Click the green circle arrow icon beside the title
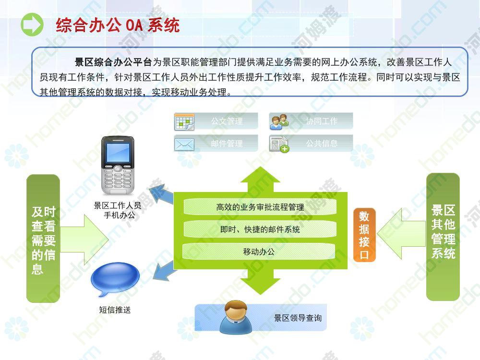pos(32,24)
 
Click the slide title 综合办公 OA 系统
pos(118,25)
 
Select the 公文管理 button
pos(216,121)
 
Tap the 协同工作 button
pos(312,121)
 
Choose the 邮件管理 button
pos(216,143)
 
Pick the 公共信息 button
pos(312,143)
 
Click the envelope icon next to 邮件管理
pos(184,144)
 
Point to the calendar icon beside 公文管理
pos(184,122)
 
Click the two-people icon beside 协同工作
pos(279,122)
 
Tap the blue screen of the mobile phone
pos(118,152)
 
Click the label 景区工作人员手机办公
pos(118,210)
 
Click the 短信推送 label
pos(115,310)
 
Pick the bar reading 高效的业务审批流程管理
pos(260,207)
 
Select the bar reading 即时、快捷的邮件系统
pos(260,229)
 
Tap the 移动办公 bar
pos(259,252)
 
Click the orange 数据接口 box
pos(364,235)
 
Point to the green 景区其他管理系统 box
pos(443,237)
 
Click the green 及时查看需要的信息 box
pos(43,239)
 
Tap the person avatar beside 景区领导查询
pos(236,316)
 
